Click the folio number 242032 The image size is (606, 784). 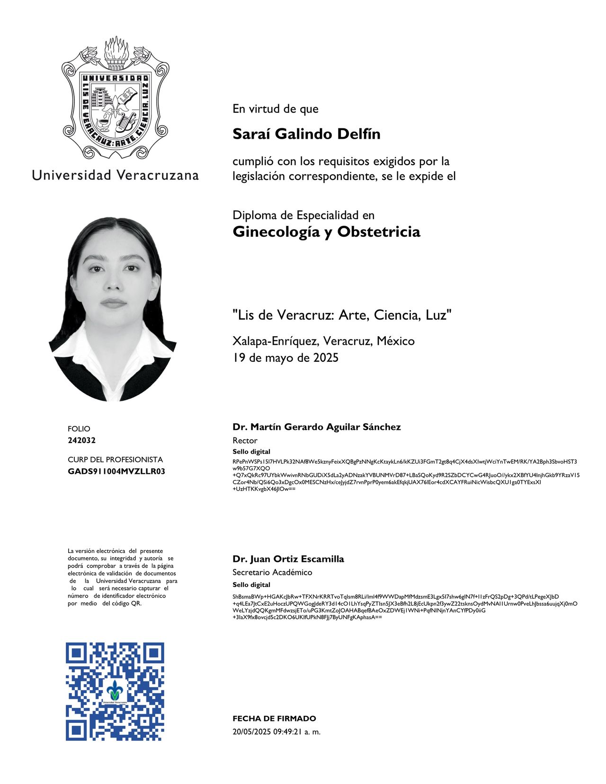coord(81,440)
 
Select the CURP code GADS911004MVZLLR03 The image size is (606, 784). coord(116,472)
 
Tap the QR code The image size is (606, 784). coord(115,691)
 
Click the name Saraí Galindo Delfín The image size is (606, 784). coord(306,134)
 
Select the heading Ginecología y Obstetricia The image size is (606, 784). coord(326,232)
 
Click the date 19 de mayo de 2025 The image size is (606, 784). coord(285,357)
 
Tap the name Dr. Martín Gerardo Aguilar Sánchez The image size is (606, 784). coord(316,427)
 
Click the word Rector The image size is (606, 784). coord(245,440)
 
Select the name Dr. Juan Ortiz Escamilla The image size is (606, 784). coord(288,559)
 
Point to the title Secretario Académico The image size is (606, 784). coord(272,572)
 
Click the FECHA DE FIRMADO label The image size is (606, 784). coord(274,718)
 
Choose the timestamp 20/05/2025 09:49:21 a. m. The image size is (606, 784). coord(276,731)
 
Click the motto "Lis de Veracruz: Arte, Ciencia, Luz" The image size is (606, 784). coord(342,315)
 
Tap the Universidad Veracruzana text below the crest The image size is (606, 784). coord(115,175)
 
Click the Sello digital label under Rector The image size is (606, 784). coord(251,452)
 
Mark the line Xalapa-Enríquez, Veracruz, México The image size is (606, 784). coord(323,341)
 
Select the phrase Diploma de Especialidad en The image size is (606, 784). coord(303,215)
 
